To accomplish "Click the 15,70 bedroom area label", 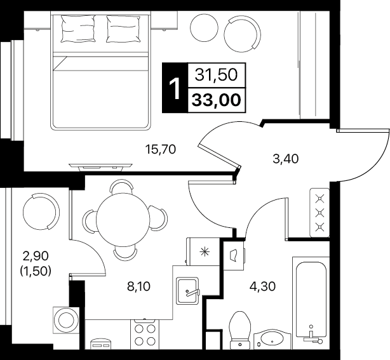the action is coord(161,150).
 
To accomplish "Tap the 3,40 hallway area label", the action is coord(285,159).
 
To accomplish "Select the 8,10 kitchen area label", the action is coord(139,286).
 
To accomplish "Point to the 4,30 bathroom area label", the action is coord(263,286).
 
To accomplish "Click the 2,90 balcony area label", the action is coord(36,256).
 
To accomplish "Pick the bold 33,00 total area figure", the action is coord(217,100).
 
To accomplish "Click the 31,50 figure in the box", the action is coord(216,74).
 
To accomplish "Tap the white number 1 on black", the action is coord(175,88).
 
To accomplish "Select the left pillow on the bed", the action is coord(78,29).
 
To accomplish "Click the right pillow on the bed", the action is coord(123,29).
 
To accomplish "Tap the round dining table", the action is coord(123,220).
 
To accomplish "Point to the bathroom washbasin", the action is coord(272,339).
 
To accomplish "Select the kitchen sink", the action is coord(188,291).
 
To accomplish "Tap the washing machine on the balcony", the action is coord(66,320).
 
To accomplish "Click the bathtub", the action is coord(311,303).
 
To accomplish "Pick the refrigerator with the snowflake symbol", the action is coord(203,251).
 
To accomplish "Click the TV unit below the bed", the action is coord(101,167).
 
